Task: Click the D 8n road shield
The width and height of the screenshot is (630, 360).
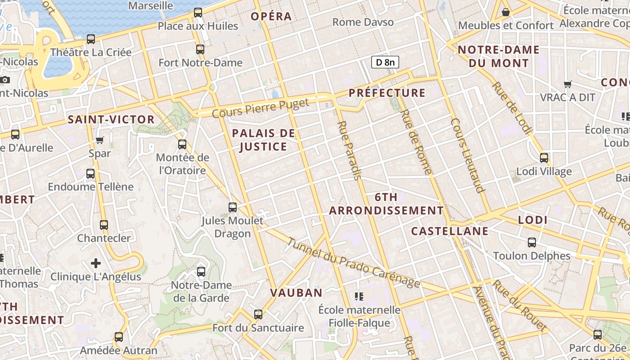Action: (385, 62)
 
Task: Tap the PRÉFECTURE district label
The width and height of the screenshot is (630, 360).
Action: (387, 93)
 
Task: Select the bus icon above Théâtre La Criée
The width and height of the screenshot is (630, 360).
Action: (91, 39)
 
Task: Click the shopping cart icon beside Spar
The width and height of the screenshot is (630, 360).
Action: (100, 140)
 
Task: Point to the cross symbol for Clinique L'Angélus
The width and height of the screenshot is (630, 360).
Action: (95, 263)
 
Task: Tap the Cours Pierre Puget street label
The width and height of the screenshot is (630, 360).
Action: (261, 108)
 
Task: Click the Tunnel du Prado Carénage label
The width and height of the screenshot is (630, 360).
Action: (353, 263)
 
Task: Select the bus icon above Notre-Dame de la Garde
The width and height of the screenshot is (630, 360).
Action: (201, 272)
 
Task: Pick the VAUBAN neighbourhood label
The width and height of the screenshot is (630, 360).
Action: (296, 293)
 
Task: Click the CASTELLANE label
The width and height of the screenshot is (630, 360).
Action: (450, 231)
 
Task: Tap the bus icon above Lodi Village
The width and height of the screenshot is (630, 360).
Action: (544, 158)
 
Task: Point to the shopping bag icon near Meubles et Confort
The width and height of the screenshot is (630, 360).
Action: (506, 12)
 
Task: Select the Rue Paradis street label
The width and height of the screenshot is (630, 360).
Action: (349, 150)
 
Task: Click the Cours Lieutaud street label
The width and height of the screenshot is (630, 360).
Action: (468, 155)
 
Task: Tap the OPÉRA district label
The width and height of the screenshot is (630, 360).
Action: (271, 17)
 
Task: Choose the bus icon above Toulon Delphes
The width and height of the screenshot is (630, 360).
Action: (532, 243)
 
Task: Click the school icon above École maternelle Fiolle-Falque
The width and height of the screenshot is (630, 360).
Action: (359, 296)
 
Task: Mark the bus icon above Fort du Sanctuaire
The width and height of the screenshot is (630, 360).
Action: (258, 314)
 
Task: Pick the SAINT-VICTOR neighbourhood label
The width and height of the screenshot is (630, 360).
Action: (111, 120)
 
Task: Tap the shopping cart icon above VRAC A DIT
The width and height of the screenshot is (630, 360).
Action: (568, 84)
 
